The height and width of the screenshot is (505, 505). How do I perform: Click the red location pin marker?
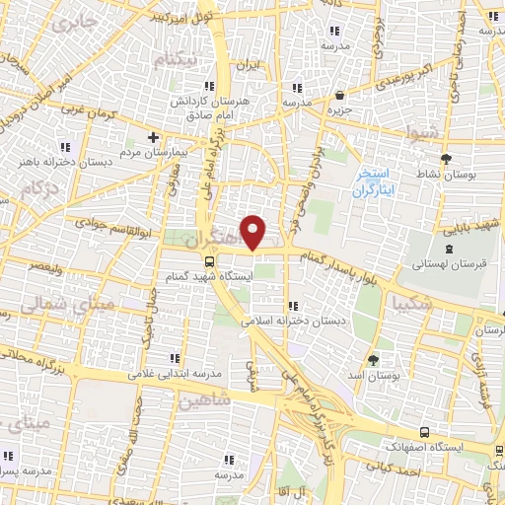point(253,232)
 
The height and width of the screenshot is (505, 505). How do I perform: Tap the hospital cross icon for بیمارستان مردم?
point(153,137)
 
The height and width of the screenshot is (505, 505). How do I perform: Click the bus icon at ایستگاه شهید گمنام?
point(209,261)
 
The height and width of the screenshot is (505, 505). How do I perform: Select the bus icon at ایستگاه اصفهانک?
point(425,432)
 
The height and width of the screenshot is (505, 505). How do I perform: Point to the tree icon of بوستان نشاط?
point(446,158)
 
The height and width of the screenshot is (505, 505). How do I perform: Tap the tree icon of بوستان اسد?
point(372,360)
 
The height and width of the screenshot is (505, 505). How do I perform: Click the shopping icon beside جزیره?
point(340,96)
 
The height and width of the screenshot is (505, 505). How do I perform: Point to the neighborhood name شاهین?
point(205,399)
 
